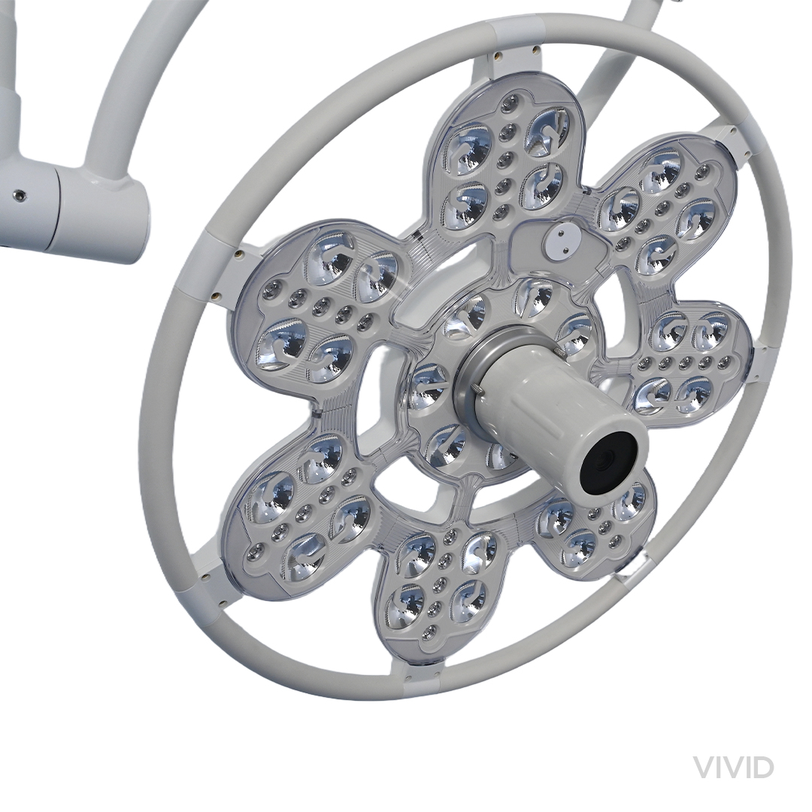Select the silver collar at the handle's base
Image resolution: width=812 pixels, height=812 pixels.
pos(477,373)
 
